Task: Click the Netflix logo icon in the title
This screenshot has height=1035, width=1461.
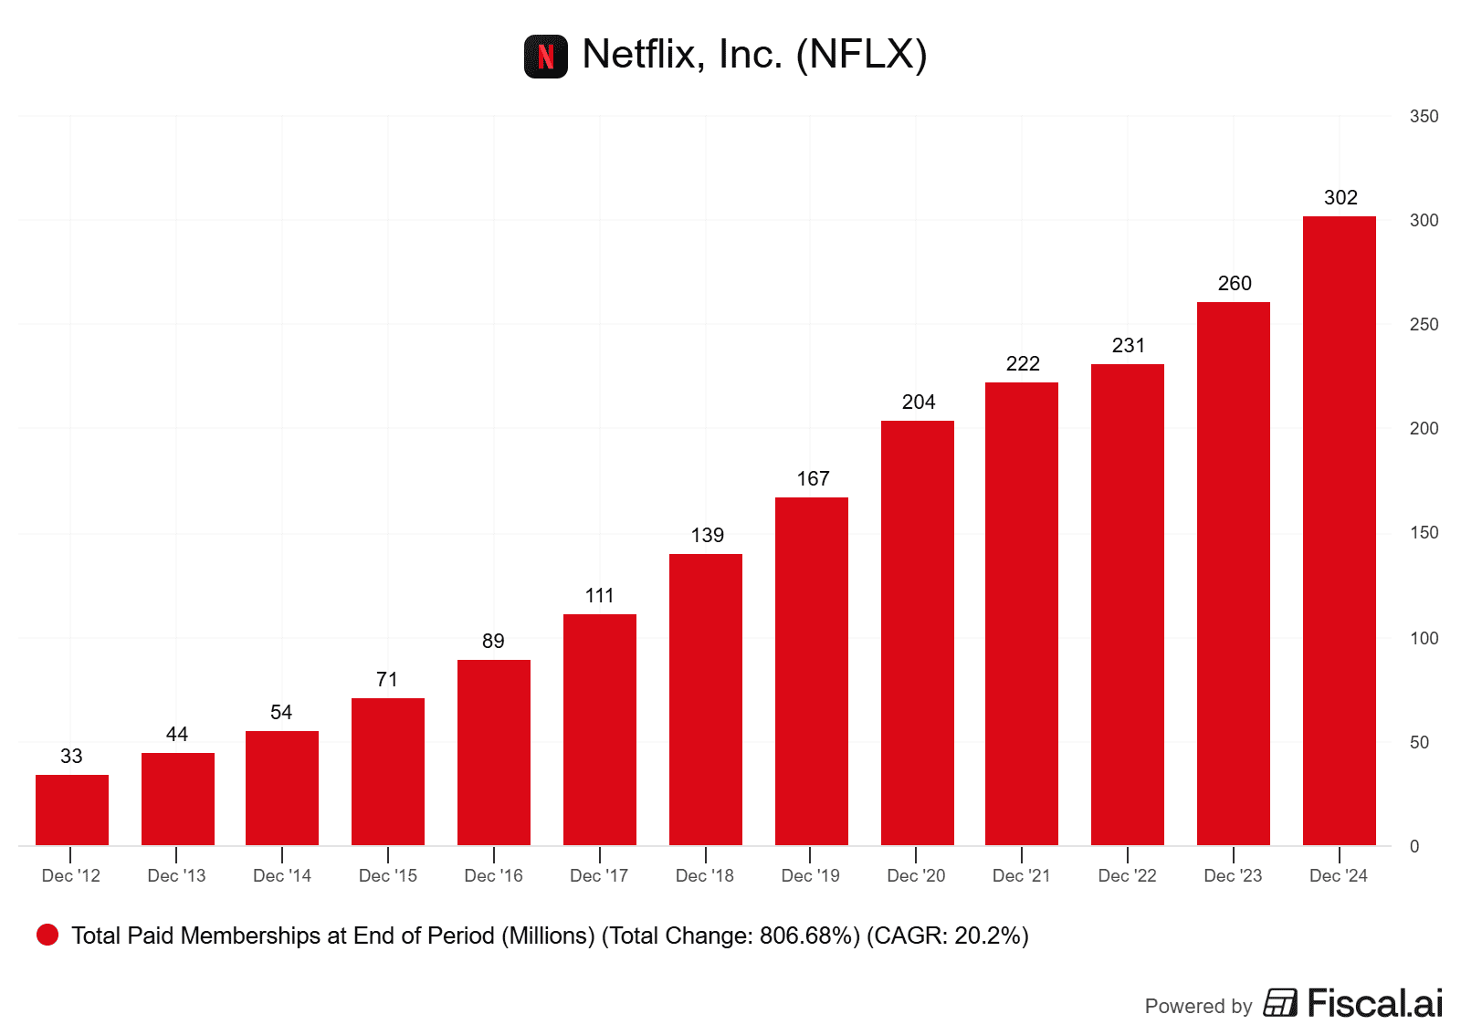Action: (x=545, y=57)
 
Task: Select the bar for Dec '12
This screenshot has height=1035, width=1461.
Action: (x=72, y=810)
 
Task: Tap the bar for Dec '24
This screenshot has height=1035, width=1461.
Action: (x=1339, y=530)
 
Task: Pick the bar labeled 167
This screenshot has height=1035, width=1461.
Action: (x=812, y=671)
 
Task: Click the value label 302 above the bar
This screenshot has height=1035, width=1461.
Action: (x=1340, y=198)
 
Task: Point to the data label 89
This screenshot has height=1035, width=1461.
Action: (x=493, y=642)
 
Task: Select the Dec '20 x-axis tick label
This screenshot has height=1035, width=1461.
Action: (x=916, y=876)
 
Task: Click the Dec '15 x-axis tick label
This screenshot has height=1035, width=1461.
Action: (x=388, y=876)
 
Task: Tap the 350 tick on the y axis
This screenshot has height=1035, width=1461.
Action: (x=1424, y=117)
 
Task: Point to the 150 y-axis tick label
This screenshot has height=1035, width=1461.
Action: (x=1424, y=533)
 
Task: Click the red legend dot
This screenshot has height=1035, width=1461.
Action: (x=47, y=935)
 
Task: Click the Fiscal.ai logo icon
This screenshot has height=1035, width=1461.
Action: (x=1280, y=1003)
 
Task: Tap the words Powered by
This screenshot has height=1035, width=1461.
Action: (x=1198, y=1007)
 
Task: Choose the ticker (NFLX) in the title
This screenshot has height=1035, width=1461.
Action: (x=861, y=55)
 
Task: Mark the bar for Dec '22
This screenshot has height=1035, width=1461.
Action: (x=1128, y=604)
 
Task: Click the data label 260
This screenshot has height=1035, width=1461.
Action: (x=1235, y=284)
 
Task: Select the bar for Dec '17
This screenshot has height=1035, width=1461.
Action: (x=600, y=729)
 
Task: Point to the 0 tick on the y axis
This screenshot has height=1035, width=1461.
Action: (x=1414, y=847)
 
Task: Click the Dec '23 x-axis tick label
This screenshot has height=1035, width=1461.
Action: (x=1233, y=876)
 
